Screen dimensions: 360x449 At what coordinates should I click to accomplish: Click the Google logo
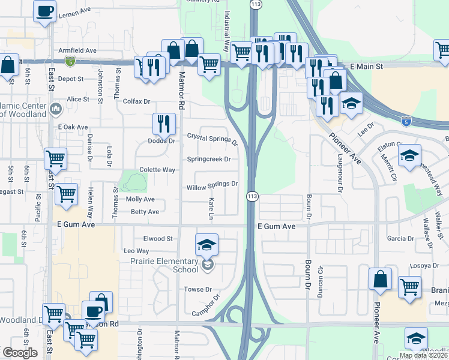(x=20, y=353)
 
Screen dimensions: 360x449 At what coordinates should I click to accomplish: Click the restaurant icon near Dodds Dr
(x=164, y=124)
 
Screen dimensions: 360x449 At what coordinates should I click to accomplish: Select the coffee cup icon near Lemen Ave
(x=44, y=11)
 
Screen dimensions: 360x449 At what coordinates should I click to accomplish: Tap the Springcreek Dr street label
(x=209, y=160)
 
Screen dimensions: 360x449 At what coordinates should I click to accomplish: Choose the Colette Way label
(x=157, y=170)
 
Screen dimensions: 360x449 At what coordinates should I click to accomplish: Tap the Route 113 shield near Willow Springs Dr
(x=252, y=196)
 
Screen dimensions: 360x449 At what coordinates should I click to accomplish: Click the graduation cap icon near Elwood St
(x=206, y=244)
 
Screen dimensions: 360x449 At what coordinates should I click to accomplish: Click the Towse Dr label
(x=199, y=289)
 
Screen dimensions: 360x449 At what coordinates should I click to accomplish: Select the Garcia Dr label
(x=400, y=238)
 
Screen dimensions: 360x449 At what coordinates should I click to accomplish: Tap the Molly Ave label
(x=140, y=199)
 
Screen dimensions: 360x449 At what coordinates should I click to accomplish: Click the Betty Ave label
(x=145, y=212)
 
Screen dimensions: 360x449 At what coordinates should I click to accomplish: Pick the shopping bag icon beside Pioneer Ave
(x=381, y=279)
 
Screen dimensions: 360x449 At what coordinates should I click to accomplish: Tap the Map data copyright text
(x=423, y=355)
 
